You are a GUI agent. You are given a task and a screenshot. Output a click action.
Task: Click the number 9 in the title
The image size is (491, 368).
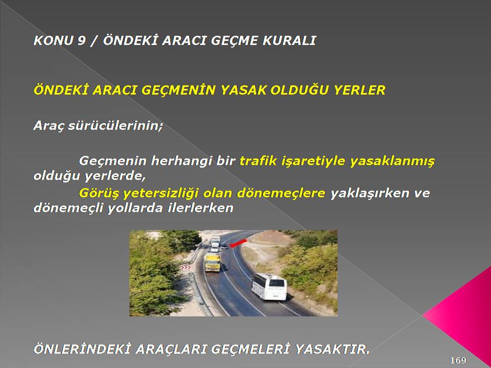click(x=81, y=41)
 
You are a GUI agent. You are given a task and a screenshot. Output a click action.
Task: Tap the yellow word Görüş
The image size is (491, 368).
click(x=99, y=193)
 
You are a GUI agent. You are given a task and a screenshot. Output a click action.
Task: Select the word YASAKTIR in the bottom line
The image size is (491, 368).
click(x=332, y=349)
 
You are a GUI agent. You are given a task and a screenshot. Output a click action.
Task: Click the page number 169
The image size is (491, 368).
click(x=458, y=360)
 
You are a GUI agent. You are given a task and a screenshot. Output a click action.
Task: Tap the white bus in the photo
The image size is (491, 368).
click(x=269, y=287)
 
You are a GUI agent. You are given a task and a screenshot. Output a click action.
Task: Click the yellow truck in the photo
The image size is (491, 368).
click(x=212, y=262)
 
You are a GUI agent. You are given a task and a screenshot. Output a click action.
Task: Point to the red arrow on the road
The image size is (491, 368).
click(x=238, y=243)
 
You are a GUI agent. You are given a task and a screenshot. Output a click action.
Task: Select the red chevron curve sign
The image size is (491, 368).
click(x=185, y=267)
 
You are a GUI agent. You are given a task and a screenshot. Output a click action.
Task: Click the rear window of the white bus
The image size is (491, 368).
click(x=277, y=283)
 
